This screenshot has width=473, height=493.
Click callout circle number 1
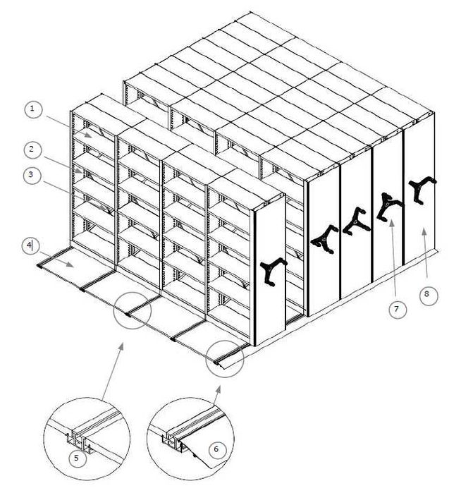32,109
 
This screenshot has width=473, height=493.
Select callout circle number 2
32,150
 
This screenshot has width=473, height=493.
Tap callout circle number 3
32,175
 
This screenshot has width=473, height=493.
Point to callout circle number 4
30,245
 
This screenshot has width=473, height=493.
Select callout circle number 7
398,310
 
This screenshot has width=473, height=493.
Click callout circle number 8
428,295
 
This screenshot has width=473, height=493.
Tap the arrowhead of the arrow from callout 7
391,223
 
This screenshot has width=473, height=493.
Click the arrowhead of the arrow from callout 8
424,231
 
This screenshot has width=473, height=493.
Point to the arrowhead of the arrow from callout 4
70,264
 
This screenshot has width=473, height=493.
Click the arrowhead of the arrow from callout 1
88,135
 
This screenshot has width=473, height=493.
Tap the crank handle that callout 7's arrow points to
389,207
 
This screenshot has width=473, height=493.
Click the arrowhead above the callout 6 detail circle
218,389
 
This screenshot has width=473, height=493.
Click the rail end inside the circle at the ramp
217,363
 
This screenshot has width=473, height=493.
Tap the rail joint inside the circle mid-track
128,314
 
